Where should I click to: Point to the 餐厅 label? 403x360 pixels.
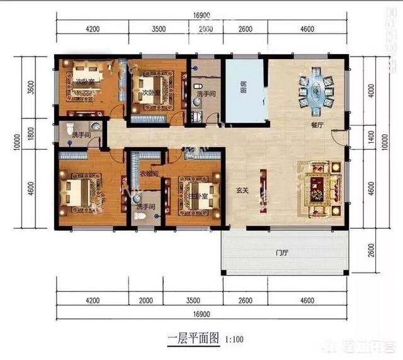pos(317,125)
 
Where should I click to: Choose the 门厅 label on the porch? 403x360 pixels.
pos(281,254)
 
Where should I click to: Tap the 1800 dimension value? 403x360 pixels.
pos(30,133)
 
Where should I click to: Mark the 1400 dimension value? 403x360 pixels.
pos(371,135)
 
